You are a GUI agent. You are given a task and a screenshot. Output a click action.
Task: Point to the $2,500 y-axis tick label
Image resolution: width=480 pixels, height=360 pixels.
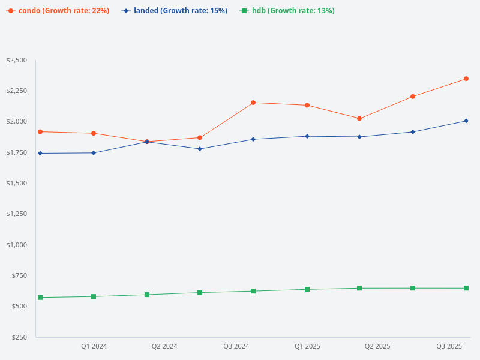[17, 60]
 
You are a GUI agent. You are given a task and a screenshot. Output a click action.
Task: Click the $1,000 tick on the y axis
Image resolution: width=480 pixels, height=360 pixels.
[17, 245]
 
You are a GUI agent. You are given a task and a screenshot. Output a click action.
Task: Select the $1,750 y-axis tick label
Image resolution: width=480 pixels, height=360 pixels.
[17, 152]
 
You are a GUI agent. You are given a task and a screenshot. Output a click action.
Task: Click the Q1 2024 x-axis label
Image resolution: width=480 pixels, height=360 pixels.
[94, 346]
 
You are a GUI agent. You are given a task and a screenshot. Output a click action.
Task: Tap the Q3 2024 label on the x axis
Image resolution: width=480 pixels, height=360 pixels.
[236, 346]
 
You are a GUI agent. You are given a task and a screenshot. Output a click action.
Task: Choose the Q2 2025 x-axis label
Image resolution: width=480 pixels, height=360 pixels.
[377, 346]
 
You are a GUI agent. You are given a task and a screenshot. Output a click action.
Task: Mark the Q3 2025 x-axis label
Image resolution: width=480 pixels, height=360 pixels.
[449, 346]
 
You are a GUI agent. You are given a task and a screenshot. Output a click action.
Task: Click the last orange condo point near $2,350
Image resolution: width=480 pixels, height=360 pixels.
[466, 79]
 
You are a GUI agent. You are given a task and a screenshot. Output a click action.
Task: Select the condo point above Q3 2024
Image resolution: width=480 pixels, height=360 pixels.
[253, 103]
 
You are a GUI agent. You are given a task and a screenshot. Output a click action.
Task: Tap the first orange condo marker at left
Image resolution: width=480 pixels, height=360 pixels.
[40, 131]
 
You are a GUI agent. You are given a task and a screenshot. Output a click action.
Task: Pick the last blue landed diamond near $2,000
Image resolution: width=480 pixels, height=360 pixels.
[466, 121]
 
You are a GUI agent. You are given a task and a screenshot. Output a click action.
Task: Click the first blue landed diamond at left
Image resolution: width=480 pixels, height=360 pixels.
[40, 153]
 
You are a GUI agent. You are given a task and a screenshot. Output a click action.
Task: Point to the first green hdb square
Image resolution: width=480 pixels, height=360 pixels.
[40, 298]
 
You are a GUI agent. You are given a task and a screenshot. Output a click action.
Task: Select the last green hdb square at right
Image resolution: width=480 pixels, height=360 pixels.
[466, 288]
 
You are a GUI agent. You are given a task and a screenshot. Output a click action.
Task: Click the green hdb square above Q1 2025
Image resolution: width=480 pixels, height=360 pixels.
[307, 289]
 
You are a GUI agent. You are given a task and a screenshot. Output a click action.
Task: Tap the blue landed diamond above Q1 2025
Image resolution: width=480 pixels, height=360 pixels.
[307, 136]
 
